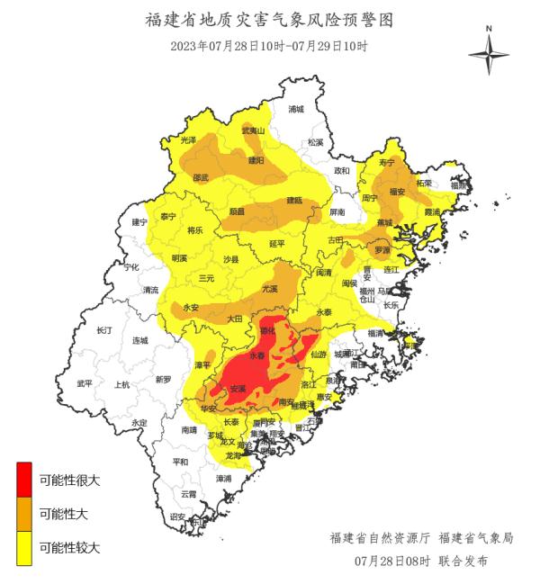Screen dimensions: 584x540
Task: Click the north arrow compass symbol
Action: click(489, 53)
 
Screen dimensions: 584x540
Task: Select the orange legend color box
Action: click(24, 514)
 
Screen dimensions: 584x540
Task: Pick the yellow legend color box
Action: click(24, 547)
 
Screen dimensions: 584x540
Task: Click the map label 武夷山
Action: click(254, 131)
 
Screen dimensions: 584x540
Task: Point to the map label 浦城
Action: click(296, 109)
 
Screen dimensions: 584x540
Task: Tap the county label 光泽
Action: click(188, 140)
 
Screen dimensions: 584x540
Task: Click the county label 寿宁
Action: click(387, 163)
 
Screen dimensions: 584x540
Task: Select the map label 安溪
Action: click(238, 389)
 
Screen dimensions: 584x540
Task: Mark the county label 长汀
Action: click(104, 331)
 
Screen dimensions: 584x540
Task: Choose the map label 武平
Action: click(85, 383)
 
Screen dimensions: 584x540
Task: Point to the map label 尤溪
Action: click(270, 290)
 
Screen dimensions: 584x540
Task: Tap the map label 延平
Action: click(277, 243)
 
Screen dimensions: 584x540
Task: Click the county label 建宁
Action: click(139, 221)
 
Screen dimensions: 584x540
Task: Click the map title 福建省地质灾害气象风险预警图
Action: click(269, 20)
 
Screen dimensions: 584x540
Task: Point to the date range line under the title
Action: click(269, 45)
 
